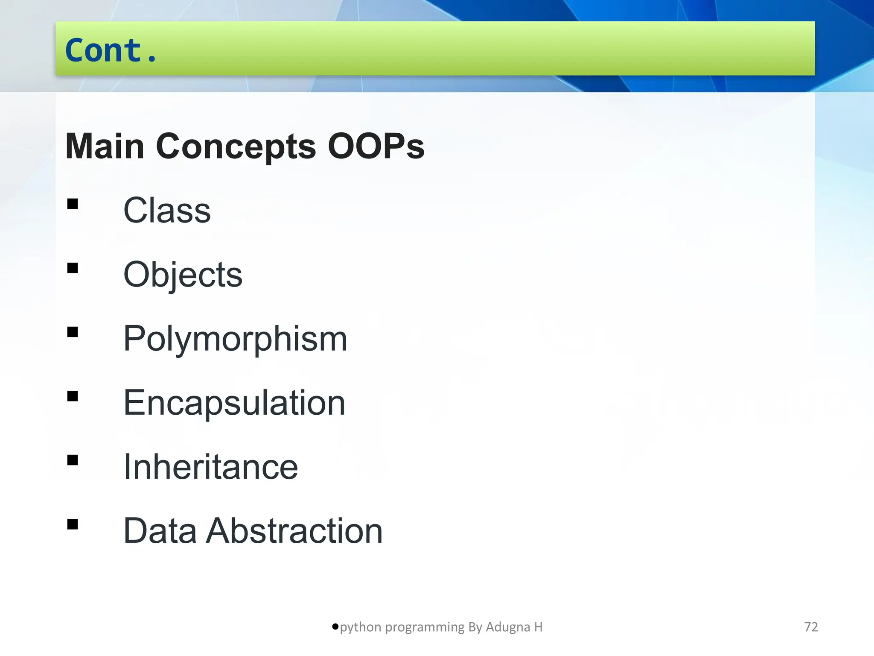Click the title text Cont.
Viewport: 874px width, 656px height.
pyautogui.click(x=111, y=50)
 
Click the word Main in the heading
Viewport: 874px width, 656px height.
pyautogui.click(x=105, y=146)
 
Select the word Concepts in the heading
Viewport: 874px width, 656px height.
pyautogui.click(x=236, y=146)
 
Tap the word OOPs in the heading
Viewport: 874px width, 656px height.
pyautogui.click(x=376, y=146)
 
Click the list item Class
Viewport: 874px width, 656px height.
pyautogui.click(x=167, y=211)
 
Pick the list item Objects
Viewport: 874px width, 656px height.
pyautogui.click(x=183, y=275)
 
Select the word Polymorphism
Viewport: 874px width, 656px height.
pyautogui.click(x=235, y=339)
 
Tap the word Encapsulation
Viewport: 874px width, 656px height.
pyautogui.click(x=234, y=403)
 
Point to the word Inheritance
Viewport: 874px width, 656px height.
pyautogui.click(x=210, y=467)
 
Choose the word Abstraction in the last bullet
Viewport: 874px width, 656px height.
pyautogui.click(x=294, y=531)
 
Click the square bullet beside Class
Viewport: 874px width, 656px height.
pyautogui.click(x=73, y=204)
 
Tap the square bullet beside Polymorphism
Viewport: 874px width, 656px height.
pyautogui.click(x=73, y=332)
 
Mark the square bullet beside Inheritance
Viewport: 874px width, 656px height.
pyautogui.click(x=73, y=460)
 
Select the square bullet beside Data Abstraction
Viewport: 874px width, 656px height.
pyautogui.click(x=73, y=524)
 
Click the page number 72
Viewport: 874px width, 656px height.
pyautogui.click(x=811, y=627)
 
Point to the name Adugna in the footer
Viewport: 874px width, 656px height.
pyautogui.click(x=508, y=627)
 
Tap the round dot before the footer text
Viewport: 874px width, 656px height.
pyautogui.click(x=335, y=627)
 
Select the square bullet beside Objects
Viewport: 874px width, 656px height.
pyautogui.click(x=73, y=268)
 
